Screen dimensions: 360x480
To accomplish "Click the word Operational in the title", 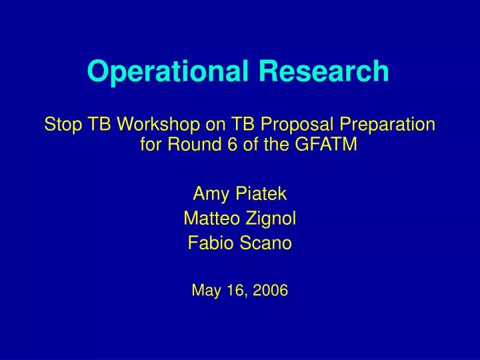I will coord(157,71).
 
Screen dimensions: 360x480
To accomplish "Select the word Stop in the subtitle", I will coord(59,125).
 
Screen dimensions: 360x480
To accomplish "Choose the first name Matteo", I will coord(212,219).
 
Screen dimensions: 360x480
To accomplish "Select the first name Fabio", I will coord(207,243).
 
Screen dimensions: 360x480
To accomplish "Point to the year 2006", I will coord(271,290).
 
